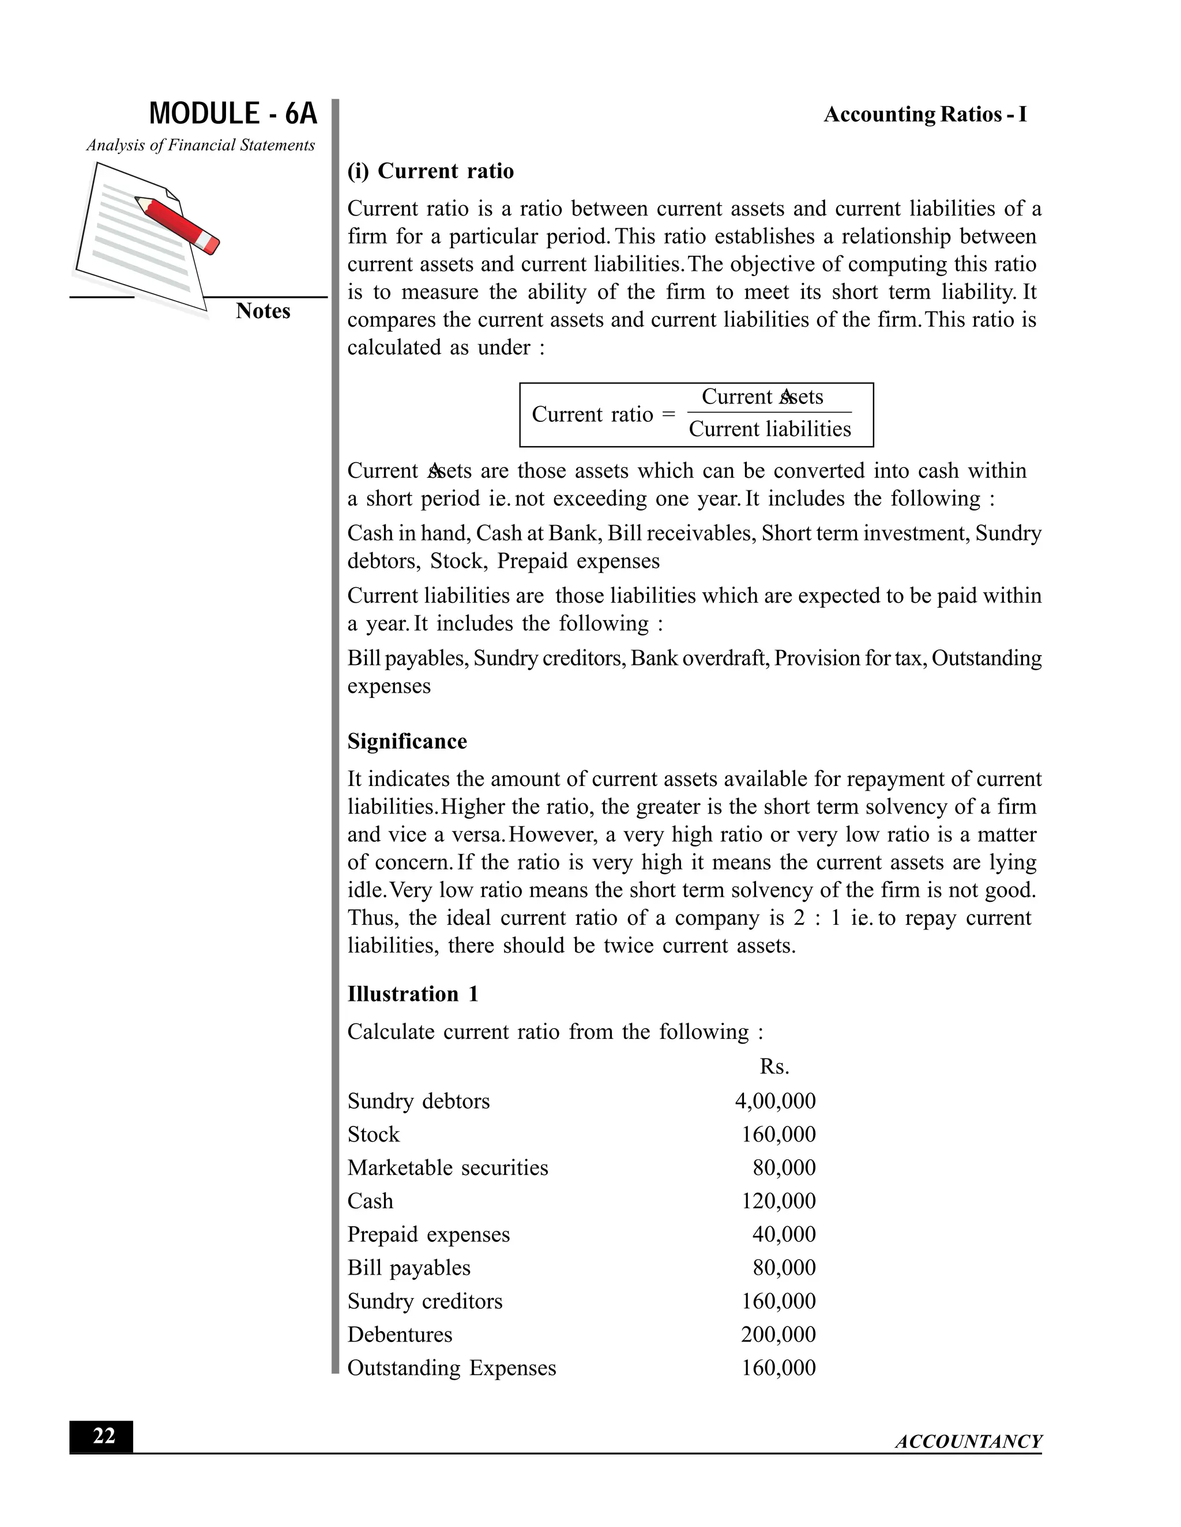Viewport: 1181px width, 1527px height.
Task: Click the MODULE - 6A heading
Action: coord(233,114)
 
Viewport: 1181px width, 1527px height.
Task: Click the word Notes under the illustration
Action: coord(262,311)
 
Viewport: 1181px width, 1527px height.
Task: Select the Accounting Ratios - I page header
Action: coord(925,115)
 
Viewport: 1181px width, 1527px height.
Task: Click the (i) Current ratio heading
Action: coord(430,171)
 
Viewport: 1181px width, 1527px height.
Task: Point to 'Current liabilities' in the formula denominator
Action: coord(770,429)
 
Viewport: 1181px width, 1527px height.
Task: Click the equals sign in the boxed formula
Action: coord(669,414)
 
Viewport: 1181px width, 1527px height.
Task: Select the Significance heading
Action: coord(407,741)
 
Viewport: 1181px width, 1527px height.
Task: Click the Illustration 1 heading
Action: coord(413,993)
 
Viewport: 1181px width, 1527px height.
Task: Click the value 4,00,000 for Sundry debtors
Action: coord(775,1101)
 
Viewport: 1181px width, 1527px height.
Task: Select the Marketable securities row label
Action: coord(447,1167)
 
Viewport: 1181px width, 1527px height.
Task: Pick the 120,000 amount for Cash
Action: coord(778,1201)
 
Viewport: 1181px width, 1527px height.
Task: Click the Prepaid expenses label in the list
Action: coord(428,1235)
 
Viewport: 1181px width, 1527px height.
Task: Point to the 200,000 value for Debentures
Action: coord(778,1335)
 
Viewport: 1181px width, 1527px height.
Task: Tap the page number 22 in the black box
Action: coord(103,1436)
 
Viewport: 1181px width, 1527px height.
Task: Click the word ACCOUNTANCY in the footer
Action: coord(968,1442)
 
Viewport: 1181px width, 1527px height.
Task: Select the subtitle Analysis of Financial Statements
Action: coord(201,145)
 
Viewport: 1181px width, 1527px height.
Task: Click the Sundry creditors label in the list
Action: coord(424,1301)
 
